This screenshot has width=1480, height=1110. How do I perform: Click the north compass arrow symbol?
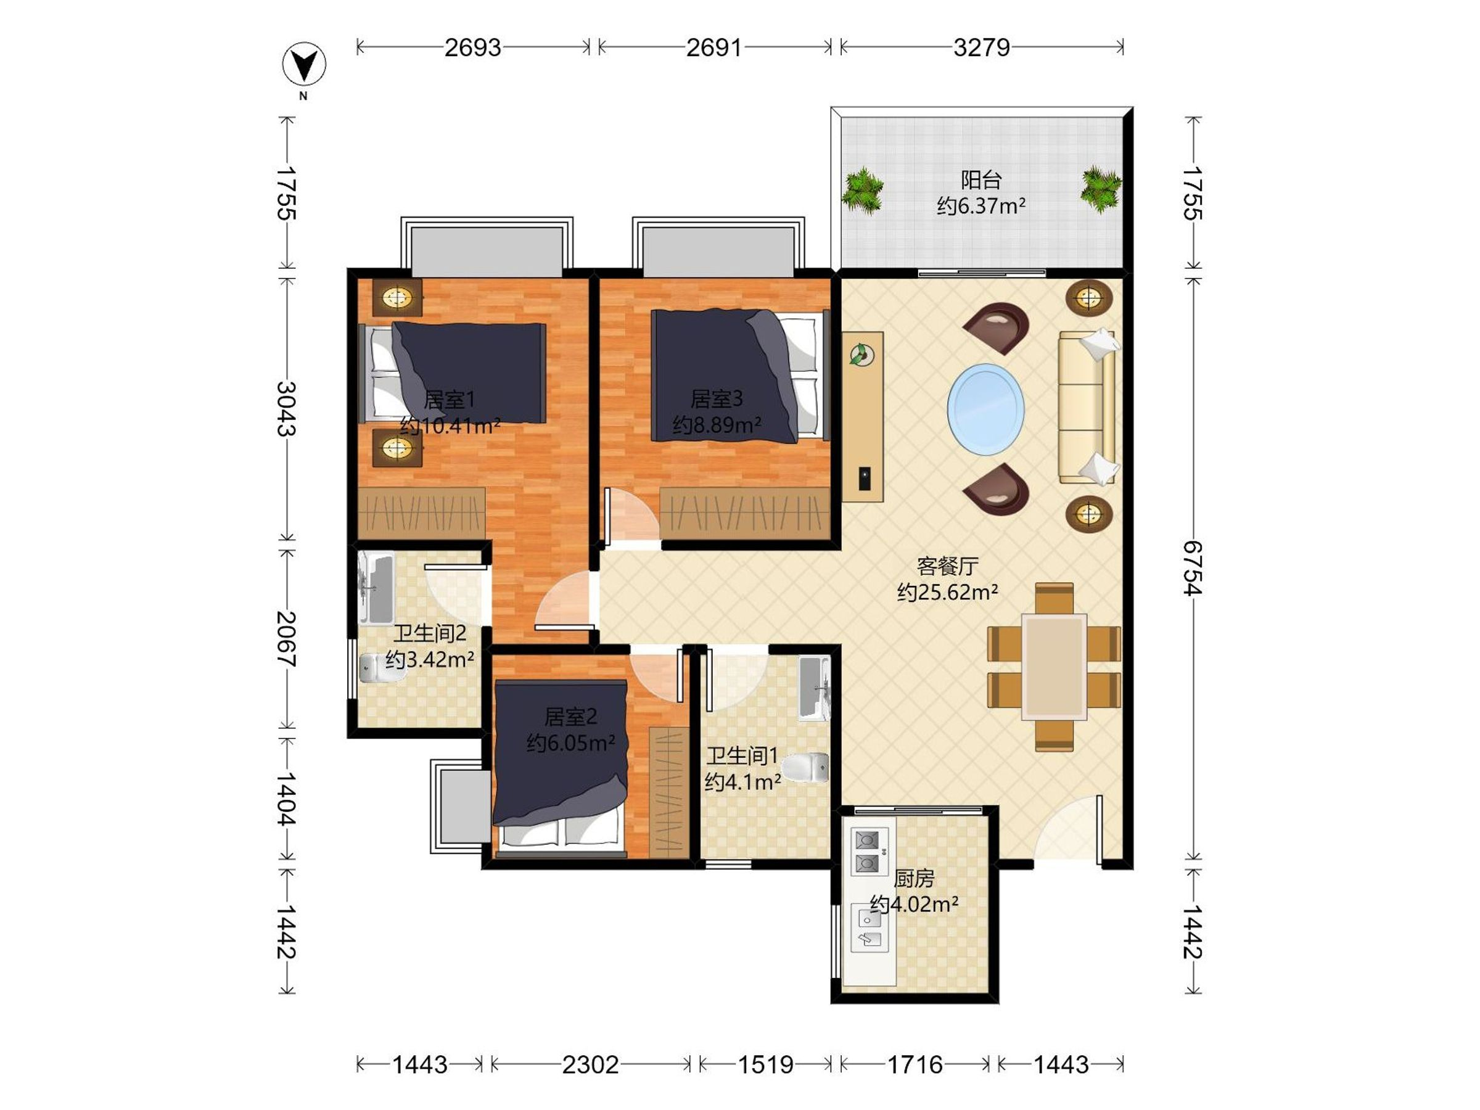click(304, 65)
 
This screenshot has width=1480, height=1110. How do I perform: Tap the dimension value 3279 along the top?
click(982, 47)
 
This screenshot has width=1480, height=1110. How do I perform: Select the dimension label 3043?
click(287, 408)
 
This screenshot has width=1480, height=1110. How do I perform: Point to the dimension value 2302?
click(590, 1064)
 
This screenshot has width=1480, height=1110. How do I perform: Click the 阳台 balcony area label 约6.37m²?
click(981, 205)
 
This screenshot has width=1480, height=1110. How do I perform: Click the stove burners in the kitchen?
click(868, 851)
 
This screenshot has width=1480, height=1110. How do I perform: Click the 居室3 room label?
click(717, 399)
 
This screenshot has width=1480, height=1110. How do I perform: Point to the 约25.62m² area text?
click(947, 592)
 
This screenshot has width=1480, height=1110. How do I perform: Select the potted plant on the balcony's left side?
click(863, 190)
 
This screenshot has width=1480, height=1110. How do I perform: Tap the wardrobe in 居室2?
click(668, 792)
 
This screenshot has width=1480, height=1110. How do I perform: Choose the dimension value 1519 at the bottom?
click(765, 1064)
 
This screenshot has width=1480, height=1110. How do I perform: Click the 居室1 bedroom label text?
click(449, 400)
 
